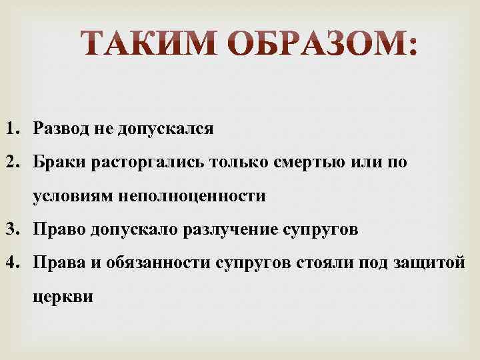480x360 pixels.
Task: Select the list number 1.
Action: click(x=13, y=129)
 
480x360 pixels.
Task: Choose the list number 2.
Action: click(x=13, y=163)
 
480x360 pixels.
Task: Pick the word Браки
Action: click(x=58, y=163)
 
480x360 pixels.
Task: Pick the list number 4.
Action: click(x=13, y=263)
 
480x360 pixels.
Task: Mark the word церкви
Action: click(x=61, y=297)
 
